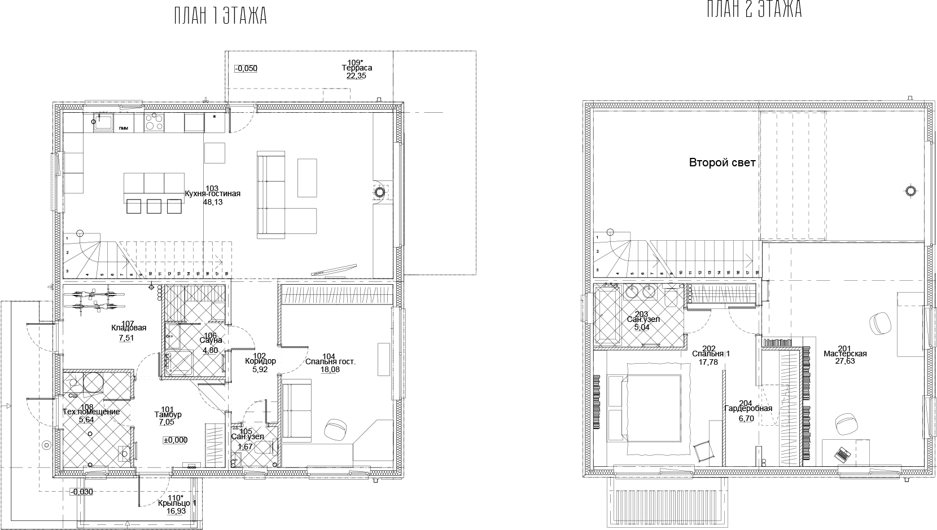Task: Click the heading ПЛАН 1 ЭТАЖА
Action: coord(220,16)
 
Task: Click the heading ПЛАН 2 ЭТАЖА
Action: coord(754,10)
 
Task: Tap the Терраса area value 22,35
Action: coord(357,75)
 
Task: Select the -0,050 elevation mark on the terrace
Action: coord(246,69)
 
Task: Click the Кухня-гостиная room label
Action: coord(212,194)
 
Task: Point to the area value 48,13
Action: coord(213,201)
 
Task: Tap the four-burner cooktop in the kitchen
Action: coord(154,122)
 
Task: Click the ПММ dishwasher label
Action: coord(123,129)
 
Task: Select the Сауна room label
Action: coord(211,341)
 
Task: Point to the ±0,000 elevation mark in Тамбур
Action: coord(175,440)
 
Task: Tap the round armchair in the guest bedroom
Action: coord(336,430)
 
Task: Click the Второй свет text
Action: coord(722,163)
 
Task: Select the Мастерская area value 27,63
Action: coord(845,361)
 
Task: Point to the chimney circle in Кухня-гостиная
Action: coord(380,192)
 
